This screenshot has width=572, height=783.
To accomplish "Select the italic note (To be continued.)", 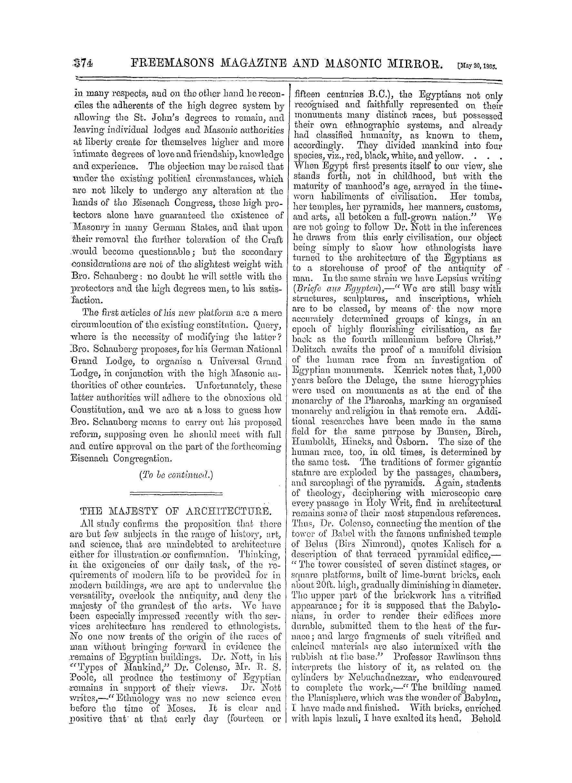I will pos(175,475).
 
